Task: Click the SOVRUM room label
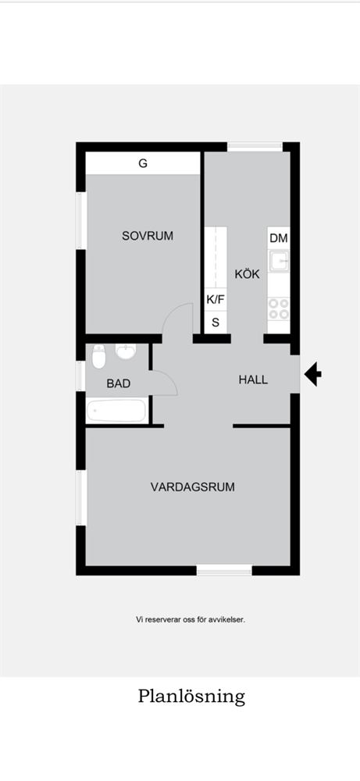pos(148,236)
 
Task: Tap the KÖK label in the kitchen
pos(248,274)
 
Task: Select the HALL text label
pos(253,380)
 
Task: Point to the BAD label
pos(119,383)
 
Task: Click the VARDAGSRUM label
pos(193,487)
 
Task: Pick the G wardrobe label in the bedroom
pos(143,163)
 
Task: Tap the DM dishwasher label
pos(279,238)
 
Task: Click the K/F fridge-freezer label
pos(215,299)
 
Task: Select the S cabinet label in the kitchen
pos(216,323)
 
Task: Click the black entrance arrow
pos(312,375)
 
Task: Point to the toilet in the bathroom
pos(98,357)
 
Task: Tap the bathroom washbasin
pos(126,351)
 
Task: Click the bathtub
pos(117,411)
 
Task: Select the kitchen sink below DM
pos(279,262)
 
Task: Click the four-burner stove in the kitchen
pos(279,308)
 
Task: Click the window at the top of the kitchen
pos(255,147)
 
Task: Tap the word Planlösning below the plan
pos(191,697)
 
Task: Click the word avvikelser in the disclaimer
pos(228,620)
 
